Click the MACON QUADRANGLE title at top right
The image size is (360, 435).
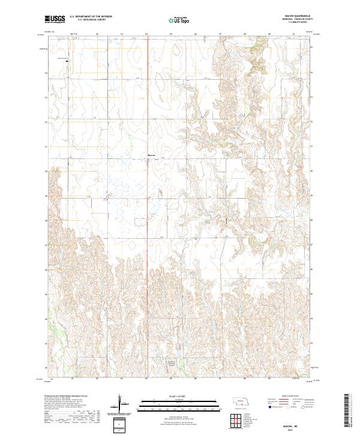point(297,17)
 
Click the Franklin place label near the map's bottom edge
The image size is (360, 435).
point(173,361)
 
